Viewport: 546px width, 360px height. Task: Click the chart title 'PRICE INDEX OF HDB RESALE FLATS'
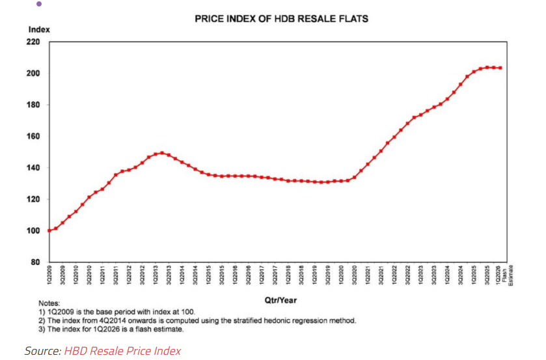[281, 18]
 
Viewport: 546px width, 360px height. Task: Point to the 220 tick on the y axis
[33, 42]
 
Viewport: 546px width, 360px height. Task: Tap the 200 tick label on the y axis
[33, 74]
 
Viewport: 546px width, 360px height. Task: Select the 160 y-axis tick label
[33, 137]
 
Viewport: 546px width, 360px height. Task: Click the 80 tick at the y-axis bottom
[35, 262]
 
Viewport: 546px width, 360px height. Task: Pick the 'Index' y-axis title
[39, 29]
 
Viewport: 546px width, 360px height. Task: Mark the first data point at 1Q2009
[49, 230]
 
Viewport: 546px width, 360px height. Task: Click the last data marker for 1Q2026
[500, 68]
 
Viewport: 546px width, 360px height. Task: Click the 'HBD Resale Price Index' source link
[122, 351]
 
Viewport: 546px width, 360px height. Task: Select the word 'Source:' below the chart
[42, 351]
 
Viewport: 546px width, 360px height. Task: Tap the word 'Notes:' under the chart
[49, 303]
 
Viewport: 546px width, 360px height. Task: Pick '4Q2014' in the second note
[98, 320]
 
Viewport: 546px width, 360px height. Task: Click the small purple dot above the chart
[38, 4]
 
